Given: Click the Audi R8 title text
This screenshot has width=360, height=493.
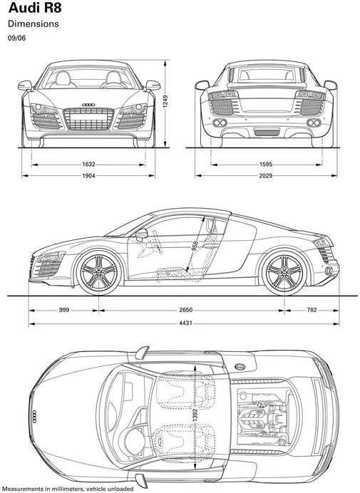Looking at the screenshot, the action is point(35,8).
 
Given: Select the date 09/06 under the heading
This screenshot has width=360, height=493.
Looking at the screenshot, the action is point(16,38).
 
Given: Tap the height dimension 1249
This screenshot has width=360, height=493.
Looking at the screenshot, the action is point(165,102).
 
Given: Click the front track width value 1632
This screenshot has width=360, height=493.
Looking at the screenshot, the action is point(88,164).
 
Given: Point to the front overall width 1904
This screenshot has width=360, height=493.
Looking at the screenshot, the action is point(88,176).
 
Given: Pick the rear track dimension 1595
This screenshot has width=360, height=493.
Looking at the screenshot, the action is point(266,164).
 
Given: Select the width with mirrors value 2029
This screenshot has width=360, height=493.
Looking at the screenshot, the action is point(266,176).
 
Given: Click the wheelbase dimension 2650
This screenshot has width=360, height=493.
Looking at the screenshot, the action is point(185,310).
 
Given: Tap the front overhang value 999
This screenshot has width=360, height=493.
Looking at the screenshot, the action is point(64,310).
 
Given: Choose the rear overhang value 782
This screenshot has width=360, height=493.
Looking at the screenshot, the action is point(312,310).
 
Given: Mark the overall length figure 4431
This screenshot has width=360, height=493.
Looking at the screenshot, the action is point(185,323).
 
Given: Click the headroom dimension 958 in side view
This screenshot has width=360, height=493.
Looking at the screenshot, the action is point(195,246).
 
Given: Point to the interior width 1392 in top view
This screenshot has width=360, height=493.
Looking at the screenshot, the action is point(195,415).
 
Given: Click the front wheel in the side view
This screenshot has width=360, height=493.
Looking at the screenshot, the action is point(99,272).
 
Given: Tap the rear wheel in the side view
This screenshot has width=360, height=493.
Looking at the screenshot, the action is point(284,272).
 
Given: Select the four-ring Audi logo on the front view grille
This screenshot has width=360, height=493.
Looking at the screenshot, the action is point(88,105).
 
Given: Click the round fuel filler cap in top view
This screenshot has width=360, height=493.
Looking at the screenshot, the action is point(240,367).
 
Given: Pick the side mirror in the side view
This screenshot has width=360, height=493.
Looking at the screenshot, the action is point(142,234).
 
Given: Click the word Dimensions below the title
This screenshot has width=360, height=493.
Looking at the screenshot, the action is point(34,24).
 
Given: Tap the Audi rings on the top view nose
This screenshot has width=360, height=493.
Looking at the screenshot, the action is point(34,417).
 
